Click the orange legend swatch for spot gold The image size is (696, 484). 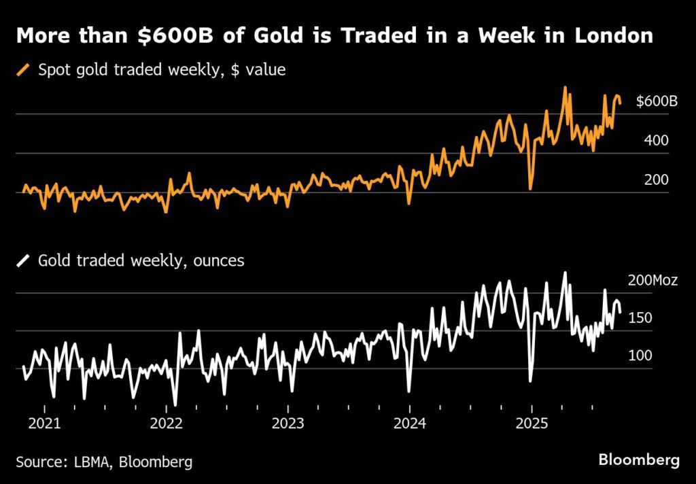coord(24,69)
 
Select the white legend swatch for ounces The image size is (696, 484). coord(24,260)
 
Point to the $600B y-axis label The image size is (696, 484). coord(657,102)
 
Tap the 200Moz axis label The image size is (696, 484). coord(652,280)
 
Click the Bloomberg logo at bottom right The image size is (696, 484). coord(638,460)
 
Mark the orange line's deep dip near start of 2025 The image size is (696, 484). coord(530,188)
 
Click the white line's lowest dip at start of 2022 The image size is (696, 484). coord(175,404)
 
